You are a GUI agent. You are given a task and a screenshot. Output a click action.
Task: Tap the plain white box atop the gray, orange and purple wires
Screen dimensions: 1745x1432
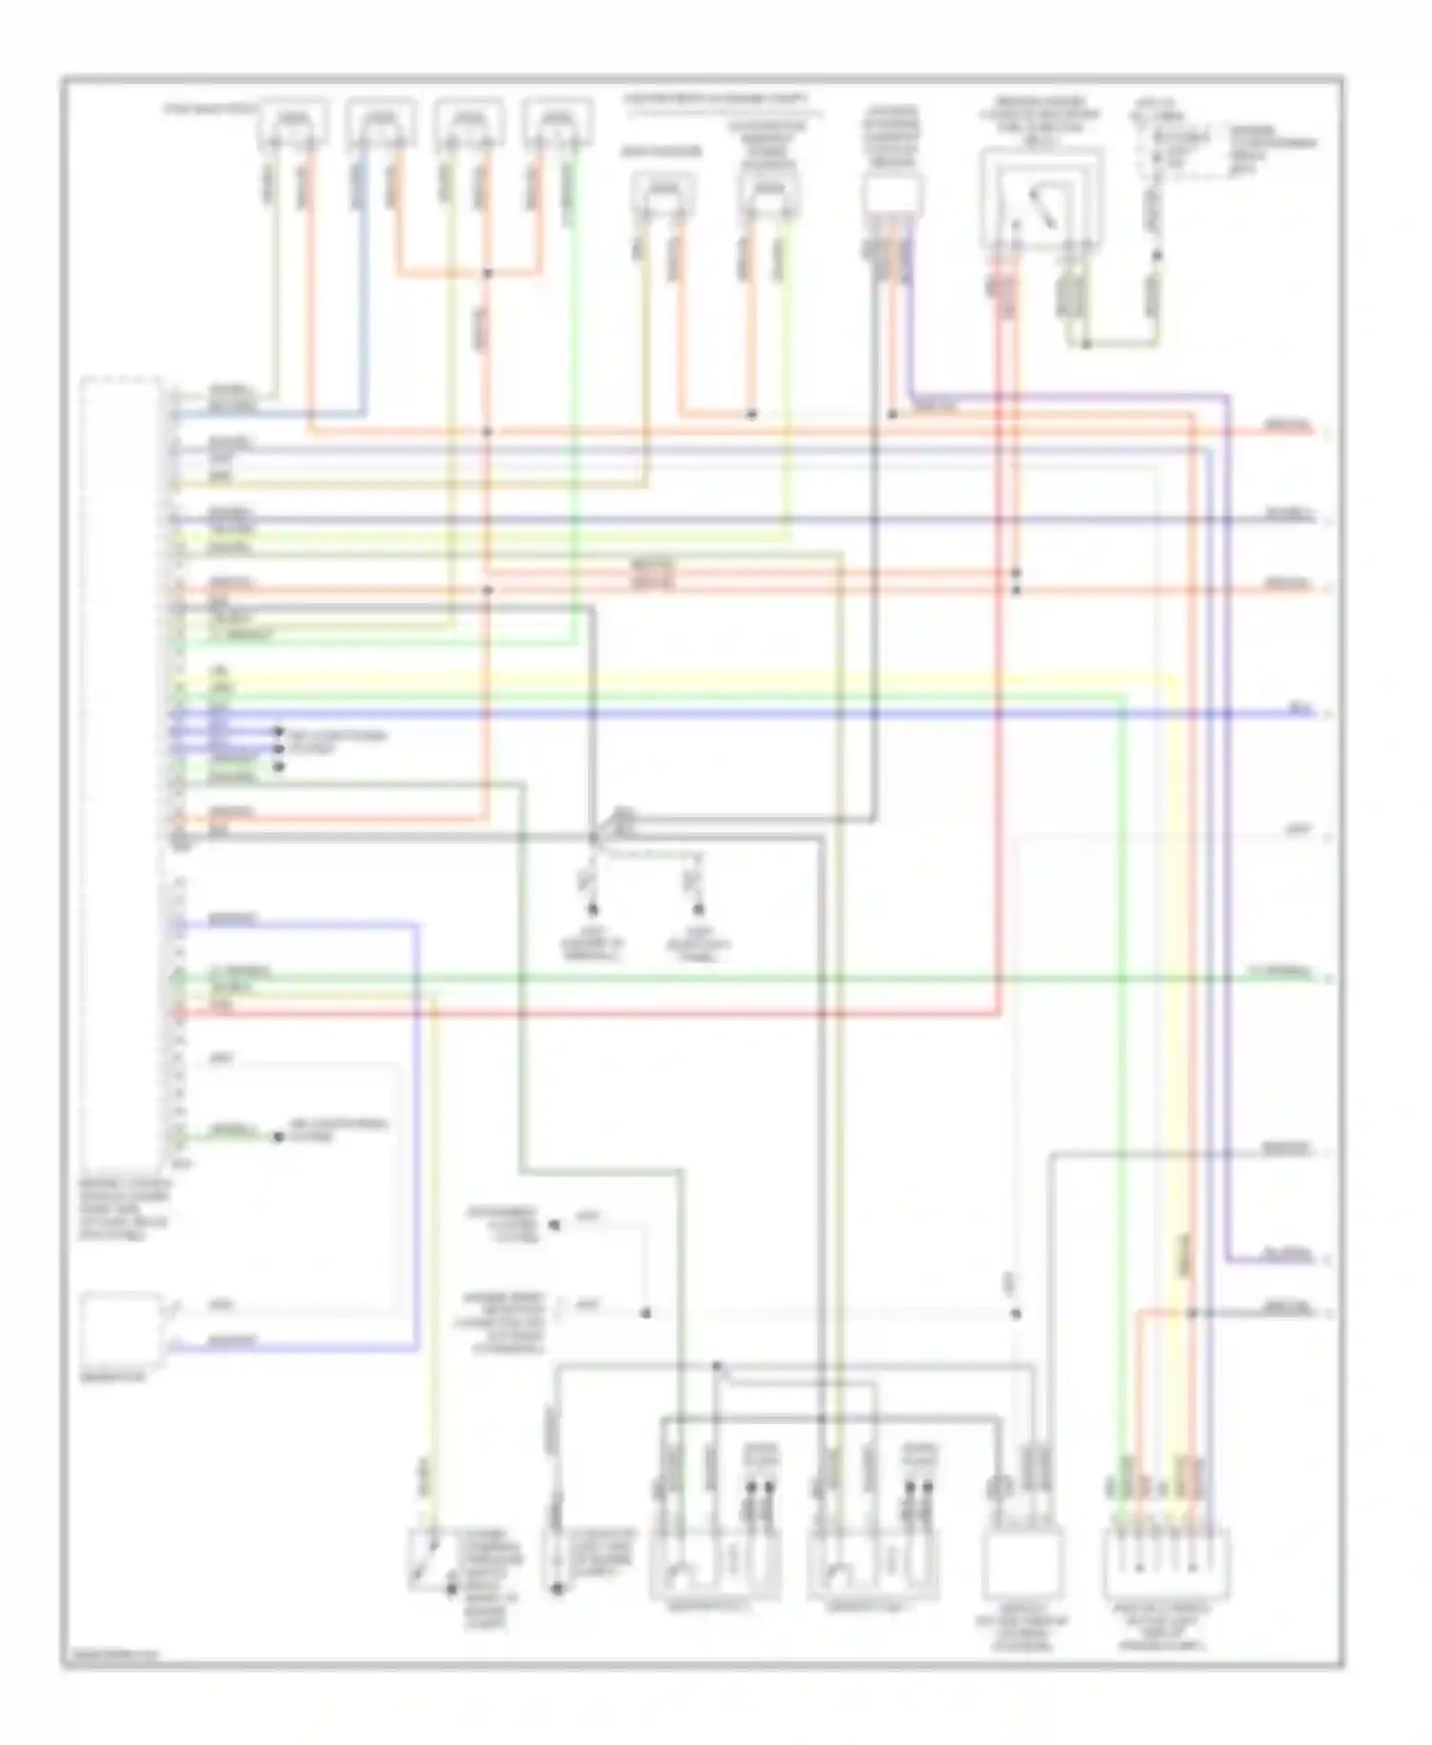tap(893, 196)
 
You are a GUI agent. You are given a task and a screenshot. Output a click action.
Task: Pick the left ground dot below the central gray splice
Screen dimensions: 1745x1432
tap(593, 909)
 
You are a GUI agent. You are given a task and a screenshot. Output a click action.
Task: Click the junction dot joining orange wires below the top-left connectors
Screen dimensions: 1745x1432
tap(487, 274)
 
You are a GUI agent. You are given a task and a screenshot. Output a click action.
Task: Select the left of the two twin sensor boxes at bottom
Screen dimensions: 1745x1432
tap(714, 1566)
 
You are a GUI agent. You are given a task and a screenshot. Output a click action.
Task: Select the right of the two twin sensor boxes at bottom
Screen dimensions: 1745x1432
tap(871, 1566)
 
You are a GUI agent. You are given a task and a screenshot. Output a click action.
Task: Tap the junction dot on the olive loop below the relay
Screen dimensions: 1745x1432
tap(1085, 342)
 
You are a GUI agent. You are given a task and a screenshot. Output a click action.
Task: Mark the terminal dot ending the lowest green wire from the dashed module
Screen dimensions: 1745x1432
tap(278, 1137)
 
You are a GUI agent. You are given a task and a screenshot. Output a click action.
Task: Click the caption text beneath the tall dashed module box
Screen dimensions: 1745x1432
tap(124, 1209)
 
